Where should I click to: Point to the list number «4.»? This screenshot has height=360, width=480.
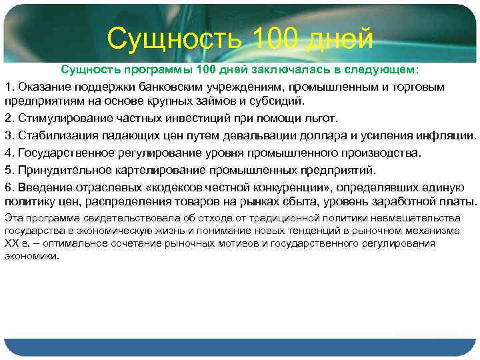(9, 152)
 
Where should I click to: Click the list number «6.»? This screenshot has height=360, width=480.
(9, 185)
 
